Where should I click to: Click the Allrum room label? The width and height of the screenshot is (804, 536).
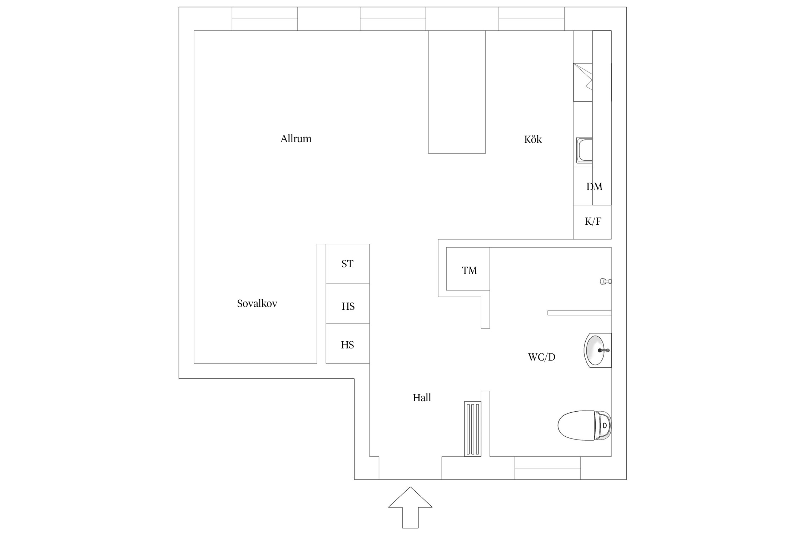[296, 139]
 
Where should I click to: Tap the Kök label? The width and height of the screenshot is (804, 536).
[533, 139]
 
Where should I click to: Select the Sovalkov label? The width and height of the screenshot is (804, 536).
[257, 303]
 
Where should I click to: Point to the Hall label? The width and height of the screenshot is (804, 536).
[422, 398]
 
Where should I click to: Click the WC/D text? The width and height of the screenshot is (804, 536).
[542, 357]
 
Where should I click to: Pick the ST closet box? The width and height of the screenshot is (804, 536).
[348, 264]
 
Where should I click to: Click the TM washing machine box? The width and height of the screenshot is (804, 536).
[468, 269]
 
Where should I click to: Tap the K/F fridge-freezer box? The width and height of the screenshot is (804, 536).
[592, 222]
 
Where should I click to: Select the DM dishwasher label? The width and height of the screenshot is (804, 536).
[594, 187]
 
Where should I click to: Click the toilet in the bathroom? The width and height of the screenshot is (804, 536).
[585, 425]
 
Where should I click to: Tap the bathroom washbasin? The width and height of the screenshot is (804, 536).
[598, 350]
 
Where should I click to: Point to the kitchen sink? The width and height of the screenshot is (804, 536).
[584, 150]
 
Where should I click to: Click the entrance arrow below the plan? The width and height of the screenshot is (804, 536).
[410, 507]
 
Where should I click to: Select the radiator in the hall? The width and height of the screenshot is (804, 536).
[473, 429]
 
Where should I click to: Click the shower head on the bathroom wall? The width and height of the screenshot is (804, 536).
[606, 282]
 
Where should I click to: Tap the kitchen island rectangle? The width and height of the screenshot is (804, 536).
[457, 92]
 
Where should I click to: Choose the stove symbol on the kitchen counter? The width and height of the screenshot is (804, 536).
[583, 82]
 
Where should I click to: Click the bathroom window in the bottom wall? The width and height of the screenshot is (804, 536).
[547, 468]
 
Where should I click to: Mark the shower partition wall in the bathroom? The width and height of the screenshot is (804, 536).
[580, 313]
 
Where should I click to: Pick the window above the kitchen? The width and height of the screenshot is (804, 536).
[532, 19]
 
